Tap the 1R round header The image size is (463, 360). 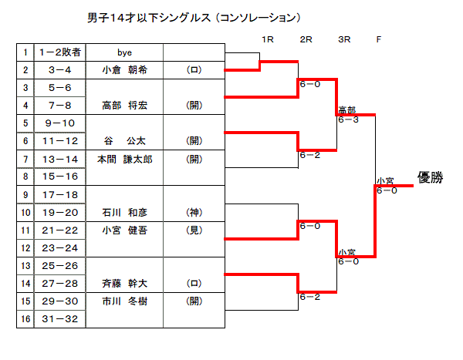pyautogui.click(x=268, y=39)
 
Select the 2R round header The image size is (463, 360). pyautogui.click(x=306, y=39)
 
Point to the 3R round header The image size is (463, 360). pyautogui.click(x=344, y=39)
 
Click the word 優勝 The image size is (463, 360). pyautogui.click(x=430, y=177)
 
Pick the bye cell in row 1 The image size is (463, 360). pyautogui.click(x=124, y=52)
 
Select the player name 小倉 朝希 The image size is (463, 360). pyautogui.click(x=125, y=70)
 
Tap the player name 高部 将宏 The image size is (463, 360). pyautogui.click(x=125, y=106)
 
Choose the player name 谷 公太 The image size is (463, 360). pyautogui.click(x=125, y=141)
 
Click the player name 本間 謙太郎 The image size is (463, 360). pyautogui.click(x=125, y=159)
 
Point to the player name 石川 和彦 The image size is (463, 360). pyautogui.click(x=125, y=212)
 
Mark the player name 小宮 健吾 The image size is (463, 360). pyautogui.click(x=125, y=230)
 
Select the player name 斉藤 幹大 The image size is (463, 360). pyautogui.click(x=125, y=283)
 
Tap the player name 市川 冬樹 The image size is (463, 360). pyautogui.click(x=125, y=301)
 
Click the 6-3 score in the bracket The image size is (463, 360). pyautogui.click(x=348, y=119)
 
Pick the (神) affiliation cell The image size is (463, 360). pyautogui.click(x=194, y=212)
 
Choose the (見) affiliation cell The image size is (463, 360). pyautogui.click(x=194, y=230)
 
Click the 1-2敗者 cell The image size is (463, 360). pyautogui.click(x=59, y=52)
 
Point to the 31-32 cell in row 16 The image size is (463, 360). pyautogui.click(x=59, y=318)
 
